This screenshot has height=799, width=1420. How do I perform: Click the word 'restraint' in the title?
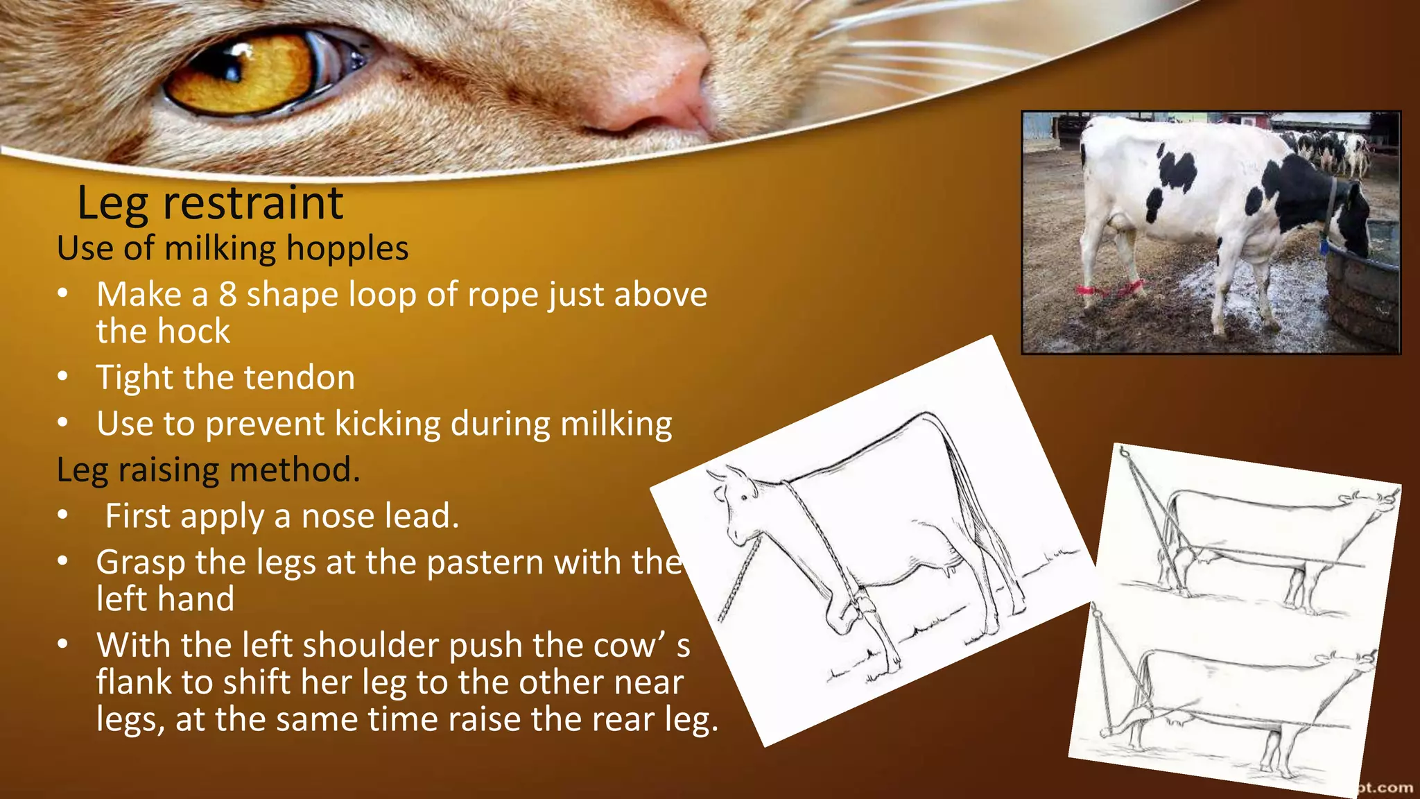[252, 203]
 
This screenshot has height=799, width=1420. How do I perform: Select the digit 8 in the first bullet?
[227, 294]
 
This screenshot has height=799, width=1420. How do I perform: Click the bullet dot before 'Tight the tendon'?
[63, 378]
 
